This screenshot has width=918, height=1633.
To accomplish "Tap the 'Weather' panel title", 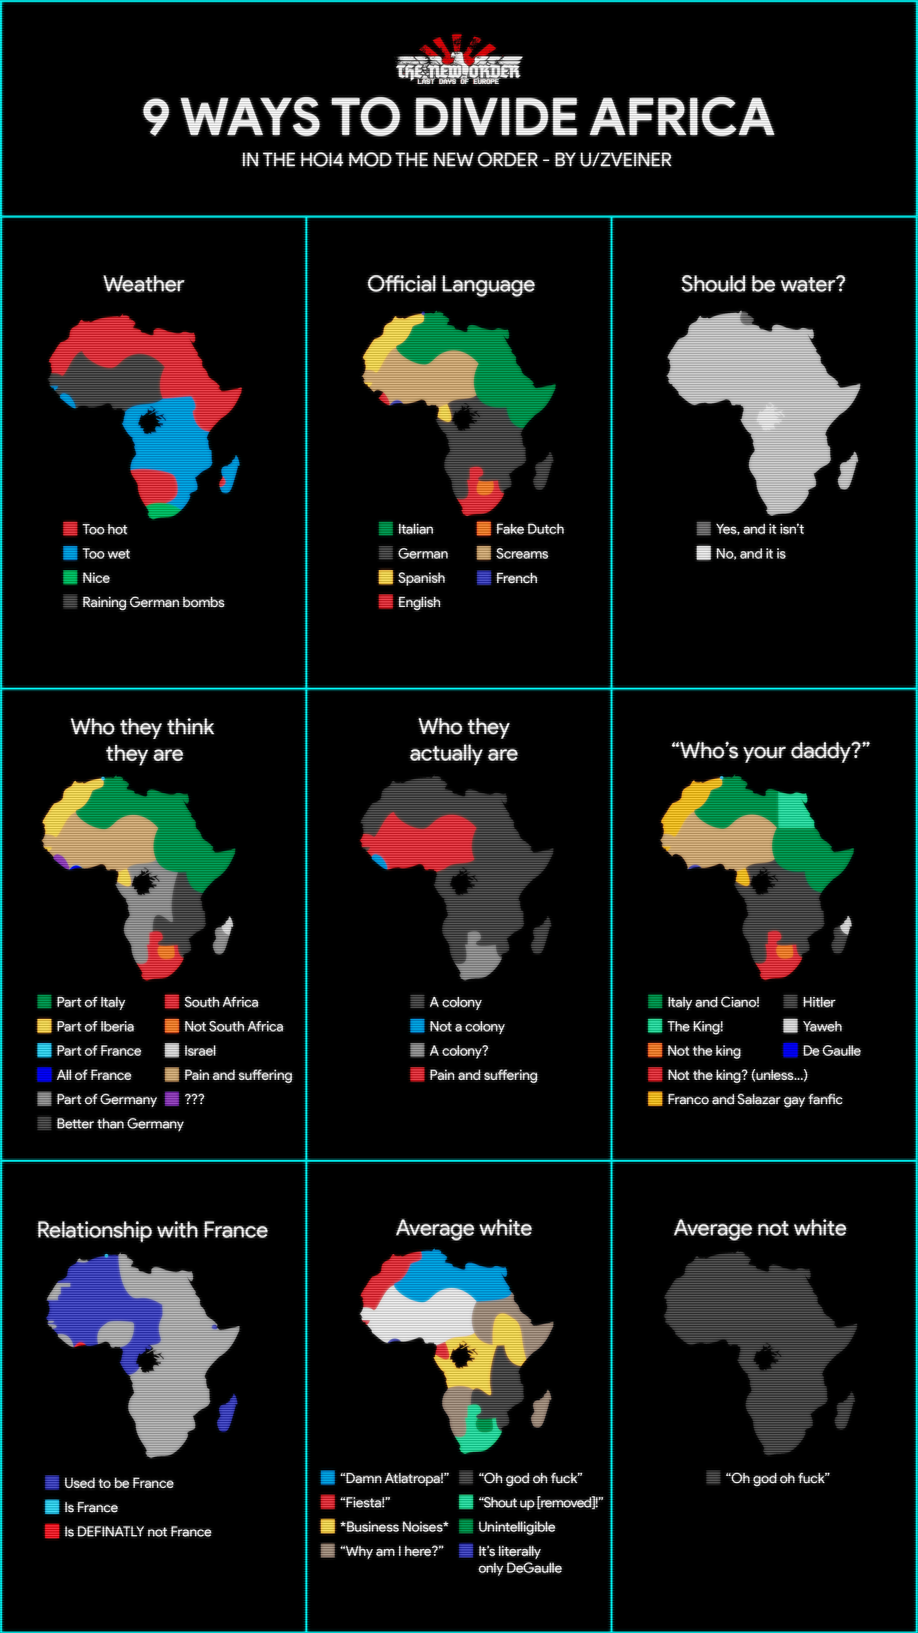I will (x=144, y=284).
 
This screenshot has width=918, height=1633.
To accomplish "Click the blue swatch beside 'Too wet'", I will (x=70, y=554).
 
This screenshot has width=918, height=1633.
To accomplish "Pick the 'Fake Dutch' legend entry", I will (x=529, y=529).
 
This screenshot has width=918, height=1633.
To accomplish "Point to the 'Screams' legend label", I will (x=521, y=554).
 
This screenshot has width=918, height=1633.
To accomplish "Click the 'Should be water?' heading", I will (x=763, y=284).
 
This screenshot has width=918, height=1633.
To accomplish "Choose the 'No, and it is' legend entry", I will (x=750, y=554).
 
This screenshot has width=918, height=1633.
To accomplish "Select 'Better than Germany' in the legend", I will (x=120, y=1123).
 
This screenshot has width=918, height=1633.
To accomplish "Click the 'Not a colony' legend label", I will (x=466, y=1026).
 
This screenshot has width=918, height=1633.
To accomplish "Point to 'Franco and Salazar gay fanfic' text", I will (x=755, y=1099).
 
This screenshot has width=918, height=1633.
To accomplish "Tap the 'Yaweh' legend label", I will (x=822, y=1026).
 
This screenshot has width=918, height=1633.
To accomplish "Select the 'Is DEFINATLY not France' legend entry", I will (x=138, y=1532).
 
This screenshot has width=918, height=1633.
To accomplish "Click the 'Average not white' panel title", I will (x=760, y=1228).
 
